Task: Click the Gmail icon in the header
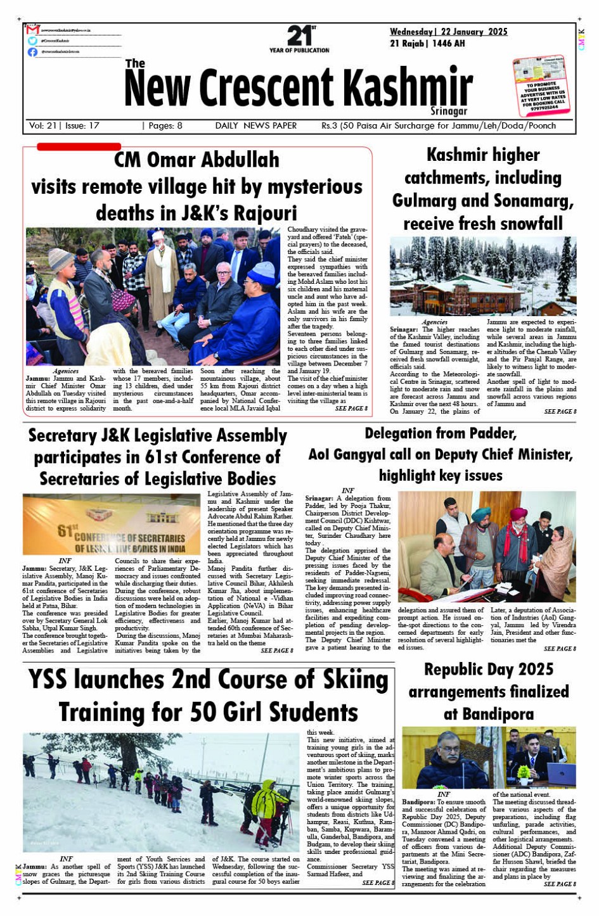tap(33, 30)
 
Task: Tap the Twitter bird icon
tap(32, 41)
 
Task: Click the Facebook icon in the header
tap(32, 52)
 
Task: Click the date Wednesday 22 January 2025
tap(448, 32)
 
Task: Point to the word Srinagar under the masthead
tap(449, 111)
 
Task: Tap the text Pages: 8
tap(162, 125)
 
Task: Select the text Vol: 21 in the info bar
tap(42, 125)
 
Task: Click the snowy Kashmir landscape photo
tap(482, 276)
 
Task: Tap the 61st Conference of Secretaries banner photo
tap(112, 525)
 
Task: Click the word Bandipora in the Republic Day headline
tap(489, 715)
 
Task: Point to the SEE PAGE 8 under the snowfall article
tap(560, 412)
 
